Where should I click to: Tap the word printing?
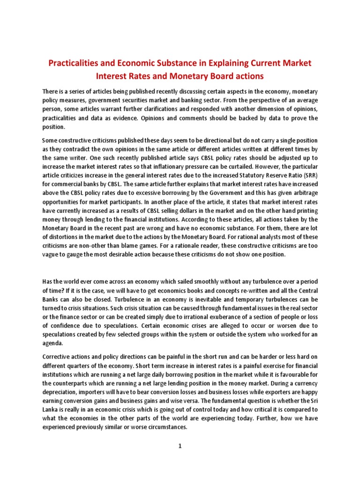pyautogui.click(x=303, y=209)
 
